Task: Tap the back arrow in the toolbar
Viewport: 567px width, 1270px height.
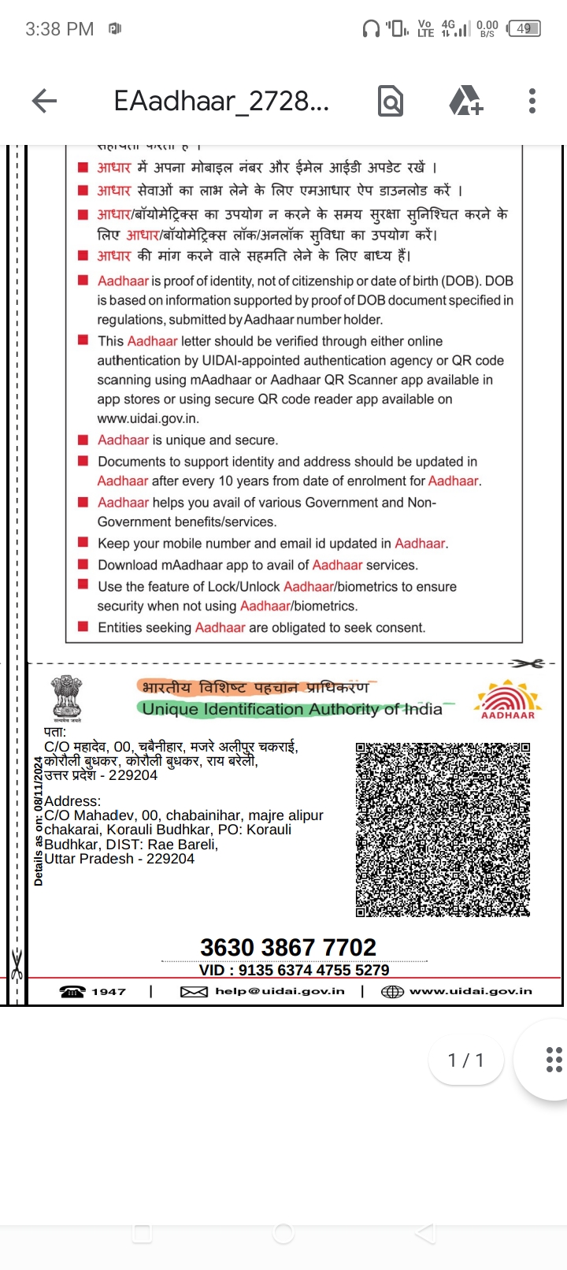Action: [45, 101]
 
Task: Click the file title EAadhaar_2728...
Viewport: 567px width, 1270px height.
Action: [221, 101]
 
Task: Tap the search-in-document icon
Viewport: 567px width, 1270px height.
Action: [391, 101]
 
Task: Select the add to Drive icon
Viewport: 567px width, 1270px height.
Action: [465, 101]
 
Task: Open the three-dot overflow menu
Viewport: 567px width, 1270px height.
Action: [532, 101]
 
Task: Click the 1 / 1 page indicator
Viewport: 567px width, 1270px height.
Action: [466, 1060]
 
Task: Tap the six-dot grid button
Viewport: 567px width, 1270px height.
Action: [554, 1060]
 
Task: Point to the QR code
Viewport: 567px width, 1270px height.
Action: [443, 829]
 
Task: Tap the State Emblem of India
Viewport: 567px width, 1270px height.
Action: [67, 698]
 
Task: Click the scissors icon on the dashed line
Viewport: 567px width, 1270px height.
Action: [526, 663]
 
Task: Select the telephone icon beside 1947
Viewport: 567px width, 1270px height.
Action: [72, 992]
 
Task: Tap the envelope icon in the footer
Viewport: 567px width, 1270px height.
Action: [194, 992]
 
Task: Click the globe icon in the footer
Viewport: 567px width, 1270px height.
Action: [392, 992]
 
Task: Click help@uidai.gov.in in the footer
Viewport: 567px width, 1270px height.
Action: [280, 991]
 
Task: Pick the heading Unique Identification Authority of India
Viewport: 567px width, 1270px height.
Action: [292, 709]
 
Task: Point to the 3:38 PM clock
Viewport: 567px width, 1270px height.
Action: [59, 29]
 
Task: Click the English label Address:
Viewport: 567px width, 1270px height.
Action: [72, 801]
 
